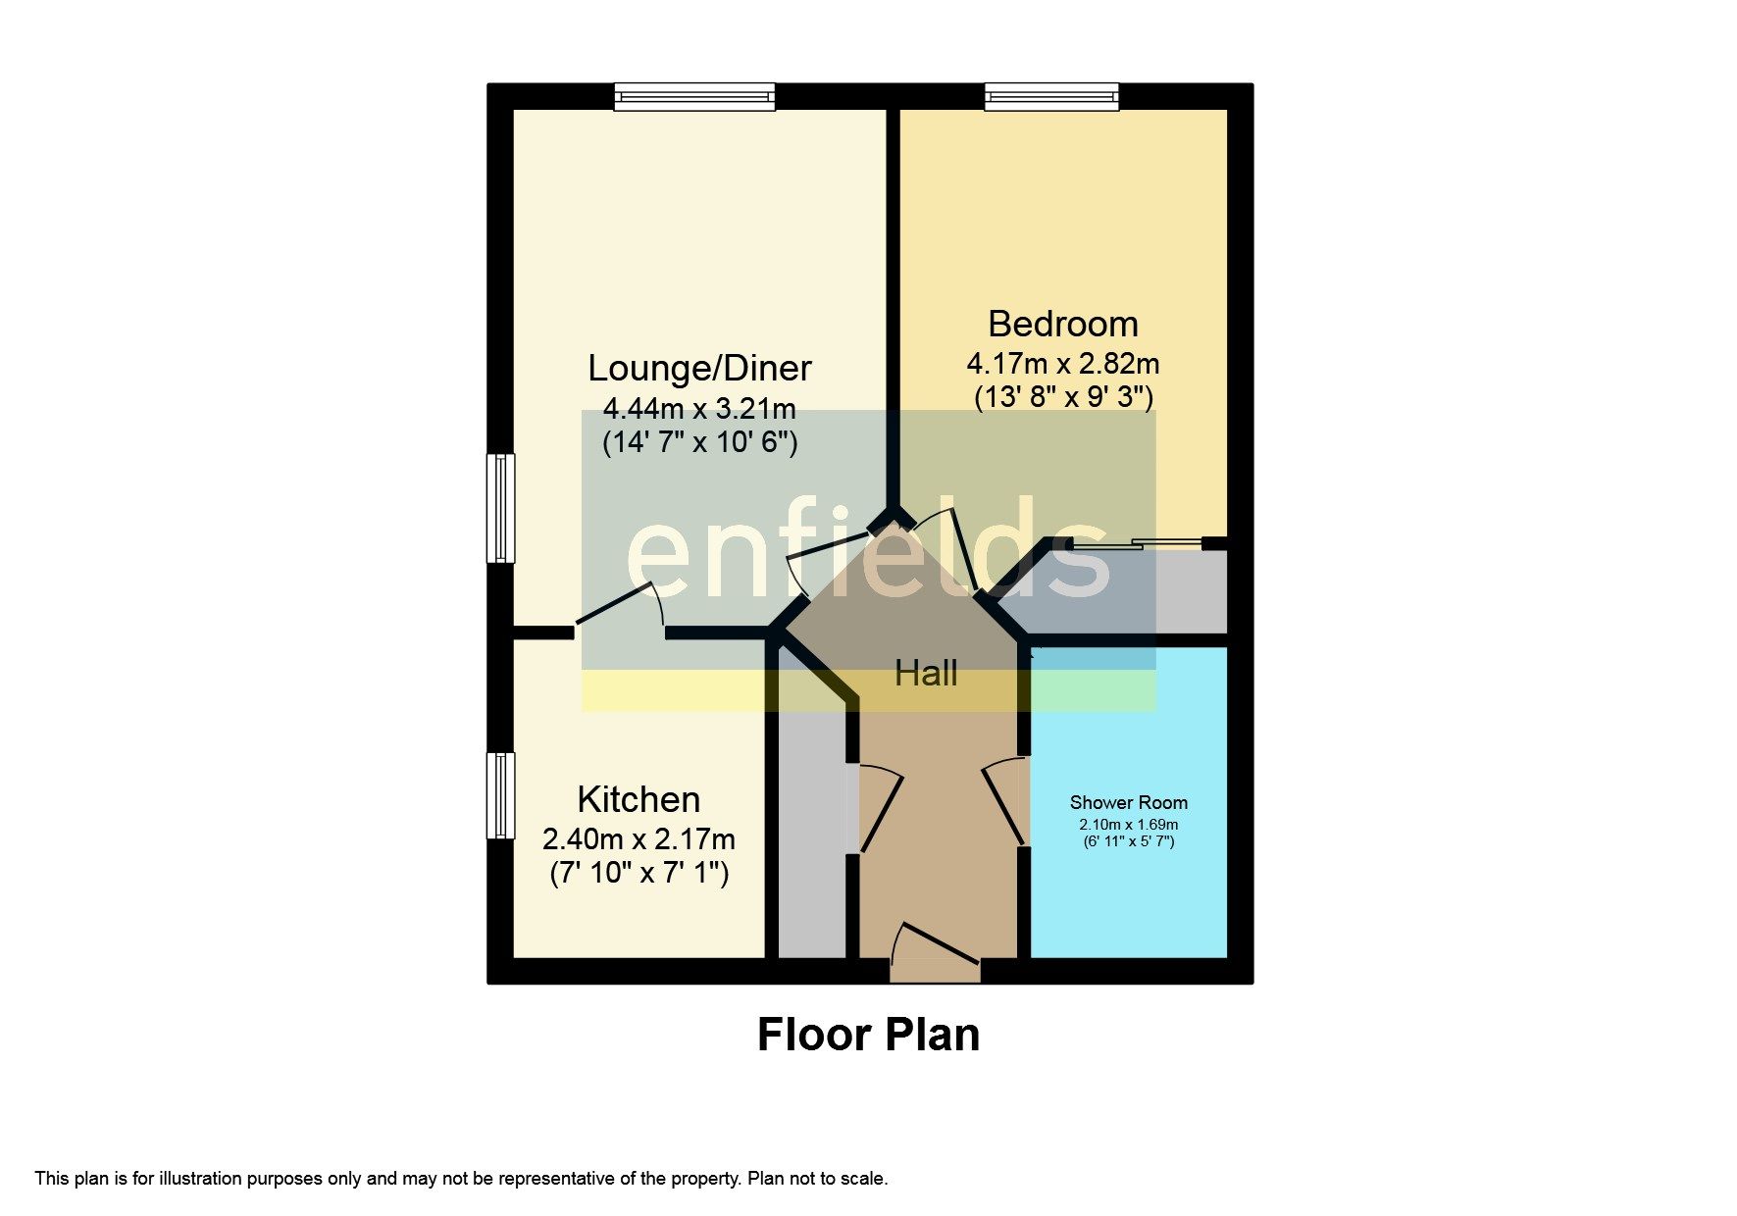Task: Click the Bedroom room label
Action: click(x=1062, y=324)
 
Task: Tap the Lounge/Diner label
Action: click(x=699, y=368)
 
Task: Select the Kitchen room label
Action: click(x=639, y=799)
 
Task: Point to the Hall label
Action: click(x=926, y=674)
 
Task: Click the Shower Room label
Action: click(x=1128, y=802)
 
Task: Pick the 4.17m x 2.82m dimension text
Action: click(x=1062, y=364)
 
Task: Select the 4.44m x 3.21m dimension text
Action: click(x=699, y=408)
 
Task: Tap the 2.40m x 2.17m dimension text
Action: click(x=639, y=839)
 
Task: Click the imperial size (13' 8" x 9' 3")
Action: click(x=1063, y=397)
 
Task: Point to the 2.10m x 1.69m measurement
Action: click(x=1128, y=825)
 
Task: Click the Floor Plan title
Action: click(x=868, y=1035)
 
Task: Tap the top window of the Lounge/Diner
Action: click(x=694, y=96)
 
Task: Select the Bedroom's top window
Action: click(x=1051, y=96)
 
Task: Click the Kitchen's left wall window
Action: click(x=501, y=795)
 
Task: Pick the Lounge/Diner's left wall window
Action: click(x=501, y=507)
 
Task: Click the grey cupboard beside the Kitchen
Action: click(x=811, y=834)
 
